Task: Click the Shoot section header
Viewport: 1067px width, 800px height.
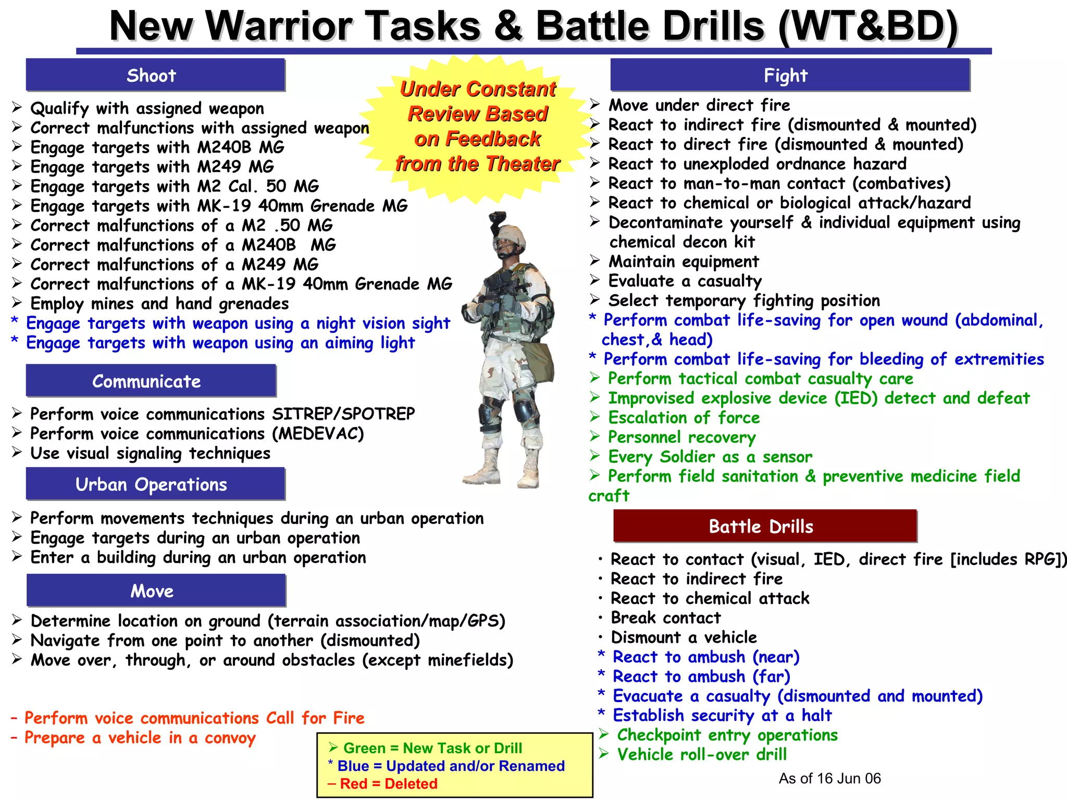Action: pyautogui.click(x=155, y=76)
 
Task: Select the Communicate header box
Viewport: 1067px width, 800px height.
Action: pyautogui.click(x=151, y=381)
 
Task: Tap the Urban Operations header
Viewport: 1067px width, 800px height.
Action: pyautogui.click(x=155, y=484)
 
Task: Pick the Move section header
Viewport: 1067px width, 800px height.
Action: pyautogui.click(x=156, y=591)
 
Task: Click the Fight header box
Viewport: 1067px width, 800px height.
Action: pyautogui.click(x=789, y=76)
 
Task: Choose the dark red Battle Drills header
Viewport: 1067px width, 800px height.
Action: pyautogui.click(x=764, y=527)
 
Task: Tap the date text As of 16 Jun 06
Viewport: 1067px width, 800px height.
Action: pyautogui.click(x=829, y=779)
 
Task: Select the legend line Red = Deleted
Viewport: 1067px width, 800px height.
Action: pyautogui.click(x=383, y=784)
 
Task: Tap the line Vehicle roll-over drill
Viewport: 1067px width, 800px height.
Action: pyautogui.click(x=701, y=755)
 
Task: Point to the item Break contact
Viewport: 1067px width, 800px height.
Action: pyautogui.click(x=665, y=618)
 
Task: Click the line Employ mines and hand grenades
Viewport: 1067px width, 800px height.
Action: pyautogui.click(x=159, y=304)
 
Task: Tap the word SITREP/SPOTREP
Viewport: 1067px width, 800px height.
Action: pyautogui.click(x=343, y=414)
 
